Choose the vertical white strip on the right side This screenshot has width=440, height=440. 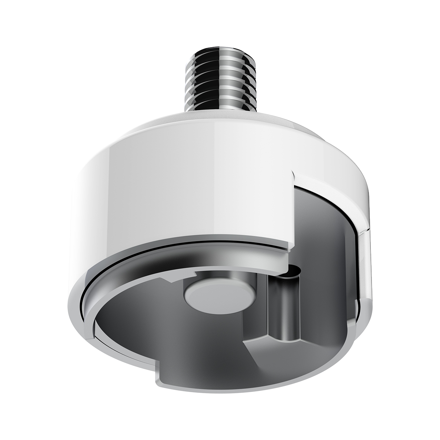pyautogui.click(x=365, y=264)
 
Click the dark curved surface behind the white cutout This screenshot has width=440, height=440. pyautogui.click(x=323, y=220)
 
